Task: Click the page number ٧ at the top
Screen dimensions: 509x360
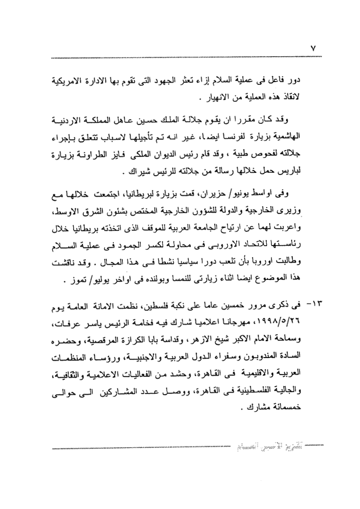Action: coord(315,48)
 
